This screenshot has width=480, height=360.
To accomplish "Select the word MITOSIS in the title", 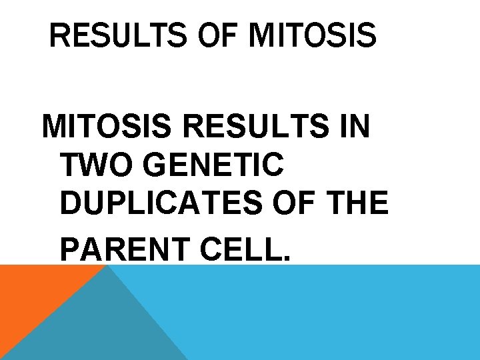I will click(x=312, y=36).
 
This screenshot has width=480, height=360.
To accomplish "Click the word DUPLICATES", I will click(x=161, y=203).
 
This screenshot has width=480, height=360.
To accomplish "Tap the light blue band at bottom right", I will click(x=333, y=313).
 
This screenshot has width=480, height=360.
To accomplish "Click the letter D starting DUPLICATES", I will click(x=70, y=203).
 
